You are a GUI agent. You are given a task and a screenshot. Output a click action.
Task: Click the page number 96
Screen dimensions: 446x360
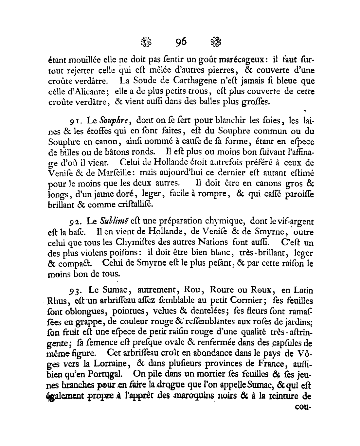(x=181, y=42)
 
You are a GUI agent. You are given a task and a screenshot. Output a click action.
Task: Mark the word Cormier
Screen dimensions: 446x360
(x=234, y=300)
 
